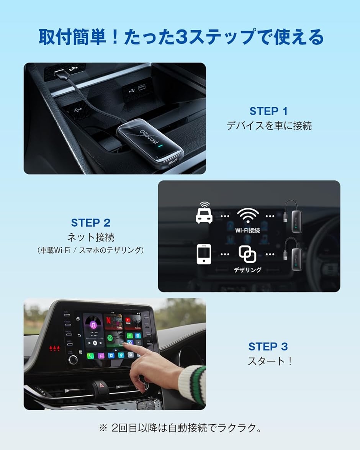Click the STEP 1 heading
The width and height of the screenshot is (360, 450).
point(268,111)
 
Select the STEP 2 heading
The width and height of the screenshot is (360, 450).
point(91,223)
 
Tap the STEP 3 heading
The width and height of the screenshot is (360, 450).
point(268,347)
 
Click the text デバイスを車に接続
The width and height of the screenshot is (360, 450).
point(269,126)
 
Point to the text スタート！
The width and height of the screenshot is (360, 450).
point(269,361)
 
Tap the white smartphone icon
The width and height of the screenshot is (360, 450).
point(204,254)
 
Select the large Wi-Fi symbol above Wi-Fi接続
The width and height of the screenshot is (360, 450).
point(247,215)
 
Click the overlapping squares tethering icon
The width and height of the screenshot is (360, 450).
point(247,254)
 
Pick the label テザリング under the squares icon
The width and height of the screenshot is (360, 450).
point(247,270)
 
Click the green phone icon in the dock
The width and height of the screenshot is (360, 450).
point(91,356)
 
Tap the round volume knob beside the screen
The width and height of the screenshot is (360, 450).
point(73,359)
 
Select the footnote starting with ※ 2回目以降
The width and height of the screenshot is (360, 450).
point(180,428)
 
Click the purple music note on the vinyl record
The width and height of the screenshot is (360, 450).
point(93,324)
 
